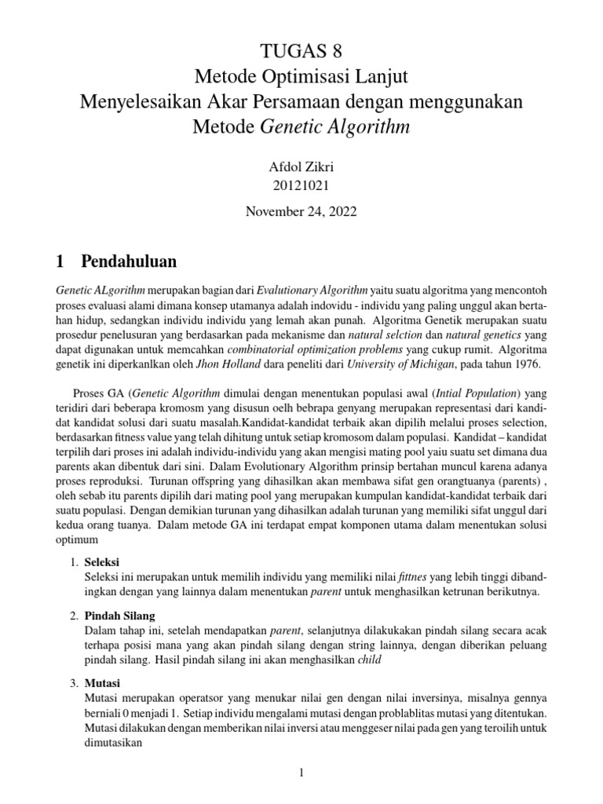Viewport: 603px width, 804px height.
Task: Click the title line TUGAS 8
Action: (301, 52)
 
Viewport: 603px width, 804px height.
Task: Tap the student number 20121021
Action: (301, 186)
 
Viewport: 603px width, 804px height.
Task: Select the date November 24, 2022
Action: (301, 212)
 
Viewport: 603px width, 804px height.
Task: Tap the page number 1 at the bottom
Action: (301, 773)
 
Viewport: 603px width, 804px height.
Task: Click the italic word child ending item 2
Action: (368, 660)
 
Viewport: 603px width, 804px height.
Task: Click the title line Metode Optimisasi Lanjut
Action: (301, 77)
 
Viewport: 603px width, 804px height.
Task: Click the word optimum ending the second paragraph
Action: (76, 541)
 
